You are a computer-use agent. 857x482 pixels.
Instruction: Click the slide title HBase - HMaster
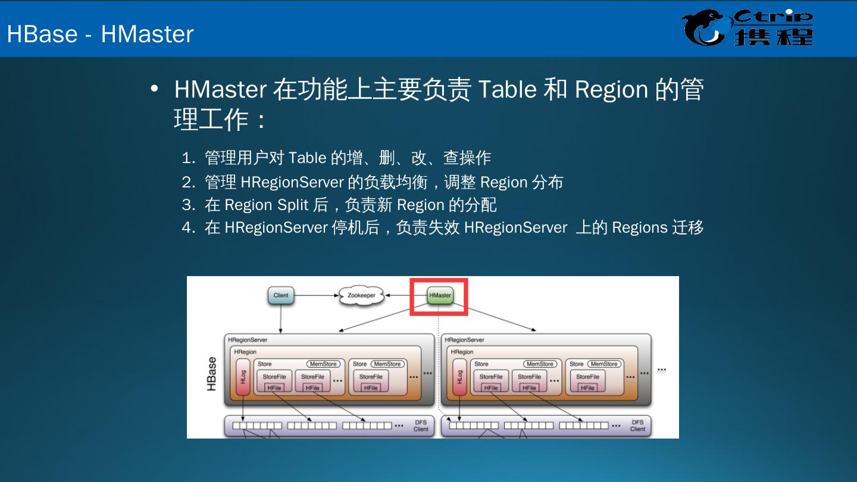point(100,34)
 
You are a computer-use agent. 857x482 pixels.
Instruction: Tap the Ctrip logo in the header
point(747,28)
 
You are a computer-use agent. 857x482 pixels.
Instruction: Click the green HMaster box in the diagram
point(440,295)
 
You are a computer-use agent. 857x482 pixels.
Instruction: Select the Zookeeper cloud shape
point(361,295)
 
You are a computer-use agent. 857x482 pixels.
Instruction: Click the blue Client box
point(281,295)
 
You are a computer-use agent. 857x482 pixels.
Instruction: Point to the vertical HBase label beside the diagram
point(211,374)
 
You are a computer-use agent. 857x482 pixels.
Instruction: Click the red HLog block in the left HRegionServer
point(243,377)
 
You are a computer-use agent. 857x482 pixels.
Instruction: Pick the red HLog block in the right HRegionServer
point(459,377)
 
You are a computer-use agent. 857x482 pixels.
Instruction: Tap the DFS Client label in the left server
point(421,425)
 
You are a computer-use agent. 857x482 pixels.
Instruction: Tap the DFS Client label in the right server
point(637,425)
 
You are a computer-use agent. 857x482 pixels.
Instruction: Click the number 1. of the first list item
point(189,158)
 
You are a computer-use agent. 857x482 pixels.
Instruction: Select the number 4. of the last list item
point(189,228)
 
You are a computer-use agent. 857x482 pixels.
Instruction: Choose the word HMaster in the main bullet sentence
point(220,90)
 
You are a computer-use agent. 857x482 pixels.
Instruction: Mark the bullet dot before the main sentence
point(155,89)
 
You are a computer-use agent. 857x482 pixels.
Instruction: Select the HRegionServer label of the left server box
point(248,340)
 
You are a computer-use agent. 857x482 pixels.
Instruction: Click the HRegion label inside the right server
point(462,352)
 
